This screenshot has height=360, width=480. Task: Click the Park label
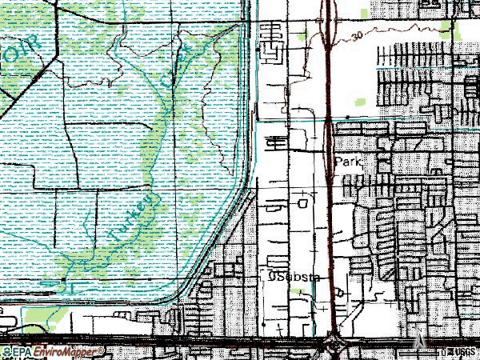[x=349, y=162]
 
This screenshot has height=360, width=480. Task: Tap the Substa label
[x=298, y=278]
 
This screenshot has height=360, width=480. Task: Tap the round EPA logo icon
[x=6, y=351]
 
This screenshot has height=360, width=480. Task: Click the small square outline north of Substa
[x=302, y=203]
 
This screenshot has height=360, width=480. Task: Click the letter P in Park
[x=339, y=162]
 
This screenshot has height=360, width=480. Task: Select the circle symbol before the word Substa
[x=271, y=278]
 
